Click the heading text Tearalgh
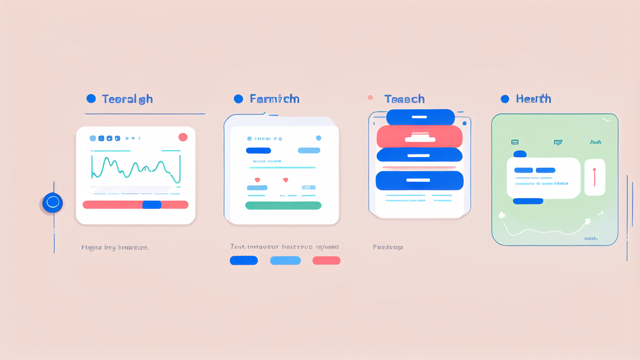point(127,99)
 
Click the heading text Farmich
point(274,99)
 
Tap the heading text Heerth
point(533,99)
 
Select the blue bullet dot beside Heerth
point(504,99)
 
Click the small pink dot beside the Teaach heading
point(370,97)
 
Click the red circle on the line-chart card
point(183,137)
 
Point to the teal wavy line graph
point(135,167)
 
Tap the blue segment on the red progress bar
point(152,204)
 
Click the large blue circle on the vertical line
point(52,202)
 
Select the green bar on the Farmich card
point(283,205)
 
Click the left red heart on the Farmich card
point(257,179)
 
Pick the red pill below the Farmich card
point(326,260)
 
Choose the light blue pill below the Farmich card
point(285,260)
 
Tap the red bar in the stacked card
point(419,136)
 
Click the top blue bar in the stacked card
point(420,117)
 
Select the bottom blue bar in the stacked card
point(419,180)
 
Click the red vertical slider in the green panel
point(594,177)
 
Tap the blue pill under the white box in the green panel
point(528,201)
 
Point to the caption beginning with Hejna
point(114,247)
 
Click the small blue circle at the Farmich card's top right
point(318,138)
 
